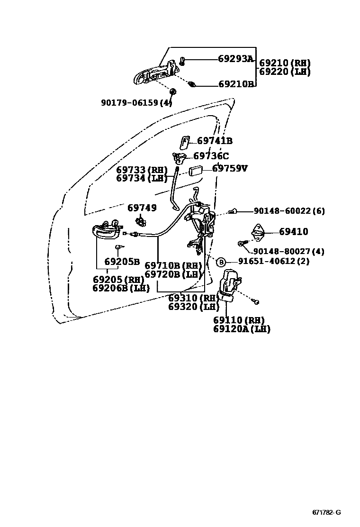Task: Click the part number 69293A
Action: click(x=236, y=59)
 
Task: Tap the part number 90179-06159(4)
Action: click(x=136, y=102)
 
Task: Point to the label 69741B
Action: click(x=215, y=141)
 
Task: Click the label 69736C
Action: click(x=211, y=156)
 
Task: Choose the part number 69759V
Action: click(x=230, y=168)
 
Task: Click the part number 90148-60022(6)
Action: click(x=289, y=211)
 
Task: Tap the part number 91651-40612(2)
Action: click(x=273, y=261)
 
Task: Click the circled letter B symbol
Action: click(x=221, y=262)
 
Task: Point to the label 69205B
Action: click(x=122, y=262)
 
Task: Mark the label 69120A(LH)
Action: click(x=242, y=329)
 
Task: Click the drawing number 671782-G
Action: click(x=326, y=512)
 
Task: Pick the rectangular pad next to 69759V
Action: click(x=197, y=171)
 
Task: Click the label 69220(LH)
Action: click(x=285, y=72)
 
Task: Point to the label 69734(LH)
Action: click(x=142, y=178)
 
